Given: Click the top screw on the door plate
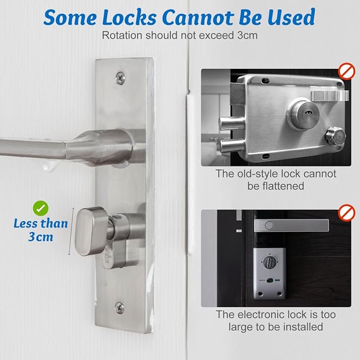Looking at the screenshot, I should (120, 77).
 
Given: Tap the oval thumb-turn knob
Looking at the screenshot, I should (92, 231).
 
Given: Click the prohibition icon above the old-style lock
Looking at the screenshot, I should (347, 71).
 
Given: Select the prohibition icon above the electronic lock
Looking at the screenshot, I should (347, 213).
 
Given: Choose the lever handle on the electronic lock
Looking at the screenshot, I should (291, 226).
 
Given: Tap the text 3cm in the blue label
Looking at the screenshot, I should (41, 236).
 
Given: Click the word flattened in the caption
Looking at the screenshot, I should (276, 186).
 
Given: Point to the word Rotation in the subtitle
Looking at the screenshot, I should (120, 36).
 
